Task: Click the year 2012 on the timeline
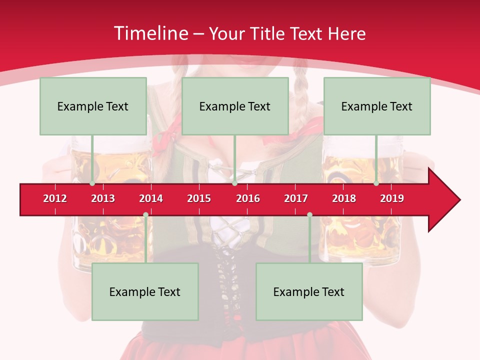point(55,198)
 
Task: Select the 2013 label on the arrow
point(103,198)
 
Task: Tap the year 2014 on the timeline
point(151,198)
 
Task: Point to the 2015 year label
point(199,198)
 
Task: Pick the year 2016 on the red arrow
point(248,198)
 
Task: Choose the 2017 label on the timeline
point(296,198)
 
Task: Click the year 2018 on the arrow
point(344,198)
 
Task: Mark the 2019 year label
point(392,198)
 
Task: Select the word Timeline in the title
point(150,33)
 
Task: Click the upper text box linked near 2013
point(93,106)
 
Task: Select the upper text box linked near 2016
point(235,106)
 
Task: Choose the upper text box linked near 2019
point(377,106)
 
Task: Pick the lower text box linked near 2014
point(145,291)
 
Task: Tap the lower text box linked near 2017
point(309,291)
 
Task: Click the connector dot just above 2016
point(235,183)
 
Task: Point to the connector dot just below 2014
point(145,214)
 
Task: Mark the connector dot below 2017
point(309,214)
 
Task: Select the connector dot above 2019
point(376,183)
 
